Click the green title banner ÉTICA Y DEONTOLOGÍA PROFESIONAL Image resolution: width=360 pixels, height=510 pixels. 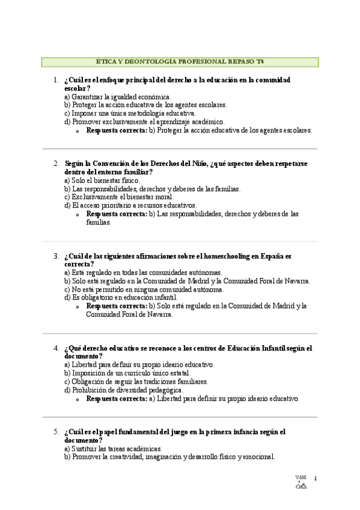(x=180, y=62)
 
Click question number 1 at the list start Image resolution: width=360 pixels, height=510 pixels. (x=55, y=79)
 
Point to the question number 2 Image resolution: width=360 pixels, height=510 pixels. (x=55, y=163)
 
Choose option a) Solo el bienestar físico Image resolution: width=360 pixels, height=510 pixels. (x=102, y=180)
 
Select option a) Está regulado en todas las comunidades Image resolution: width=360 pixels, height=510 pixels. (x=143, y=272)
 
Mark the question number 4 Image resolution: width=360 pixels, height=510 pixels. (x=55, y=348)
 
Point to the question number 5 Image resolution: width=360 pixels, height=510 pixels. (x=55, y=432)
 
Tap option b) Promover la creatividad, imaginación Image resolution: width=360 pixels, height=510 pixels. (x=169, y=457)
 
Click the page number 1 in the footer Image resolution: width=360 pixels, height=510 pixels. (x=315, y=478)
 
